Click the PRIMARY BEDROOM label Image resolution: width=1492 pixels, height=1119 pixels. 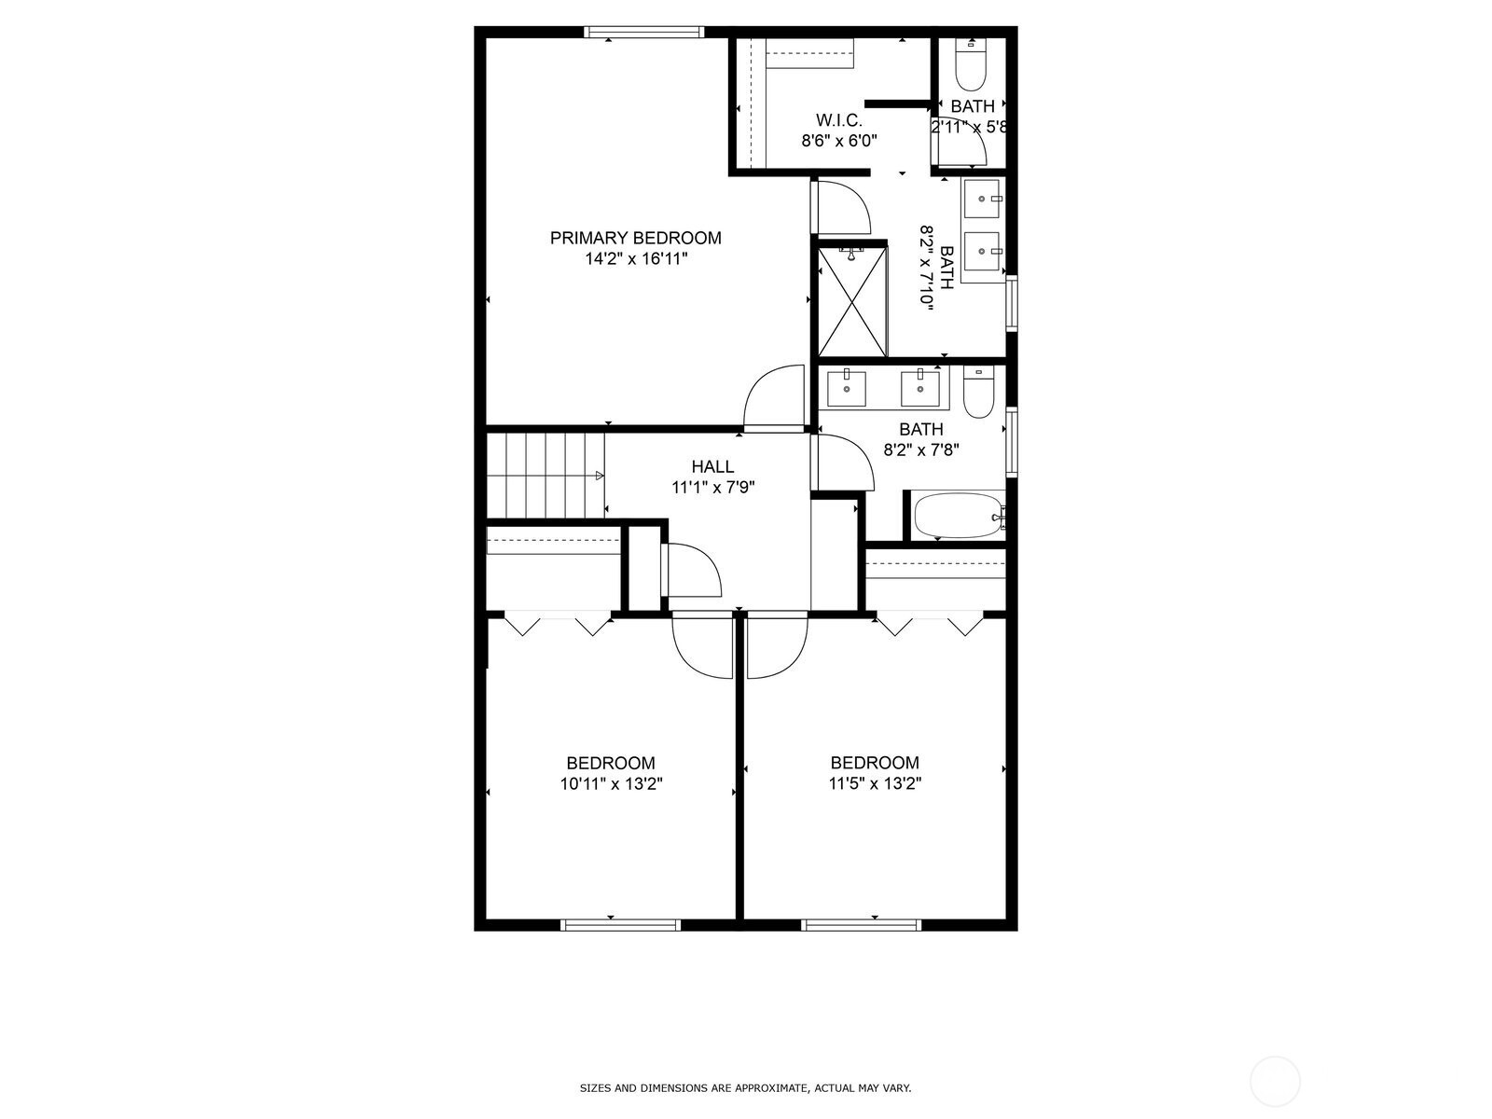click(636, 238)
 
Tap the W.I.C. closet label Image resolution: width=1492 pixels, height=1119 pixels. click(838, 120)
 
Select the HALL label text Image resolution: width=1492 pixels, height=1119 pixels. click(712, 467)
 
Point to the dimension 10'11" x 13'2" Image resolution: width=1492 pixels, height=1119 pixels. click(611, 784)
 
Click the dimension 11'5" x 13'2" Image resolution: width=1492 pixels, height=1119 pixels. click(875, 783)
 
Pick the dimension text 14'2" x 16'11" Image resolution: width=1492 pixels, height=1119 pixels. click(636, 259)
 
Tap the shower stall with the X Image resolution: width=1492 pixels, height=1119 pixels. click(852, 301)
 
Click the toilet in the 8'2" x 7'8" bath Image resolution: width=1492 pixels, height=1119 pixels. click(979, 392)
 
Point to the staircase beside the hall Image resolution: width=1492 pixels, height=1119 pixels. click(546, 476)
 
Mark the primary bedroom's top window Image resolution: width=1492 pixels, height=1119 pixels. click(643, 32)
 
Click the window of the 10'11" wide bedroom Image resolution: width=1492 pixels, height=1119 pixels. click(621, 925)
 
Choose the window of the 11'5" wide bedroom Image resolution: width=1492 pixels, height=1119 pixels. click(862, 925)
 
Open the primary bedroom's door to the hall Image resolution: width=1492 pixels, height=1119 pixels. click(774, 399)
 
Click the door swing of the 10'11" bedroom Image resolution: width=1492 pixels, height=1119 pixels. click(702, 644)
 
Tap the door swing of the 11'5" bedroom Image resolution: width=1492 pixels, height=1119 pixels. click(777, 644)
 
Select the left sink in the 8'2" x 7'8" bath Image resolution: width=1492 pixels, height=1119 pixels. click(847, 388)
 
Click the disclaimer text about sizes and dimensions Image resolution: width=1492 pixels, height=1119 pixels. click(745, 1088)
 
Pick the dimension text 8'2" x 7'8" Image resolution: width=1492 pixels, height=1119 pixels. click(921, 449)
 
